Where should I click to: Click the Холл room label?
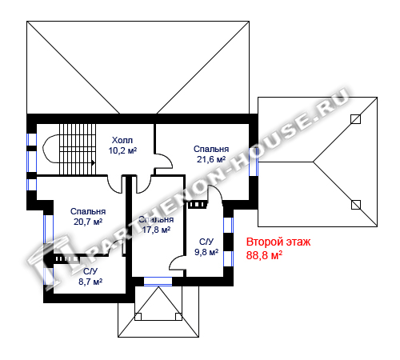[122, 140]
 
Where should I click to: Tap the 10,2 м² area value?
[122, 150]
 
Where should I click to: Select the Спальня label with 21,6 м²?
[211, 149]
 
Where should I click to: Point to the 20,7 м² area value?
[88, 222]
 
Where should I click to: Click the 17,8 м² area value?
[156, 230]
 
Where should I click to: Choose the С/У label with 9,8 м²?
[206, 242]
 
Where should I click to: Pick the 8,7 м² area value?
[90, 282]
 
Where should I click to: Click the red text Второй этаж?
[278, 242]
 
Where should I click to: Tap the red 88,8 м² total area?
[264, 255]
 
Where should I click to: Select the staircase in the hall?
[78, 150]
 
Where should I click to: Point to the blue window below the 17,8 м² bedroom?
[158, 282]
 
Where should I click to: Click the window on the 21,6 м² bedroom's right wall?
[254, 162]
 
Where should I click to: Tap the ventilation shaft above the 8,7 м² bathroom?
[66, 259]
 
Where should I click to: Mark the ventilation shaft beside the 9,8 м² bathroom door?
[198, 205]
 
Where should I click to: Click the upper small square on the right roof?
[355, 119]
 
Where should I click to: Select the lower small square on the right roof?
[356, 205]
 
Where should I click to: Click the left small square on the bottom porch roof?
[138, 317]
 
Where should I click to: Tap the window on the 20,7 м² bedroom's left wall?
[48, 230]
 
